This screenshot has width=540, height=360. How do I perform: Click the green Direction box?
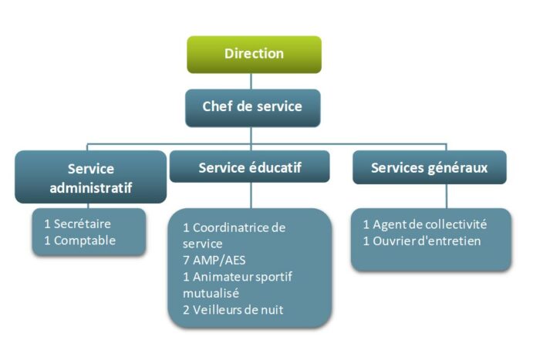(254, 54)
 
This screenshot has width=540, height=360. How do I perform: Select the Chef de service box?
(252, 107)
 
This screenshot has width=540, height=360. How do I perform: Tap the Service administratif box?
(90, 177)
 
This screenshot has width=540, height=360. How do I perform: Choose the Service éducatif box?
(250, 167)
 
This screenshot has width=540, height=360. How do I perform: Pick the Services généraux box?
(429, 167)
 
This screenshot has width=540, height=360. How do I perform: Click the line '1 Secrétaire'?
(78, 224)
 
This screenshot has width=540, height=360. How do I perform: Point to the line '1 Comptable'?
(80, 240)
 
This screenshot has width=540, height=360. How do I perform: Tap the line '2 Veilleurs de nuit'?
(233, 310)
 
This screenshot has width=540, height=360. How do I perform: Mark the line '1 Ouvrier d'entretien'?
(422, 241)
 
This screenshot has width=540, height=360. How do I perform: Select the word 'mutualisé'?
(211, 293)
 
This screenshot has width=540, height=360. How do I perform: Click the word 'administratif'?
(90, 187)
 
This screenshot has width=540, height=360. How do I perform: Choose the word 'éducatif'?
(272, 167)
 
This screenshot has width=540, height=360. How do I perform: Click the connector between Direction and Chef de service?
(253, 81)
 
